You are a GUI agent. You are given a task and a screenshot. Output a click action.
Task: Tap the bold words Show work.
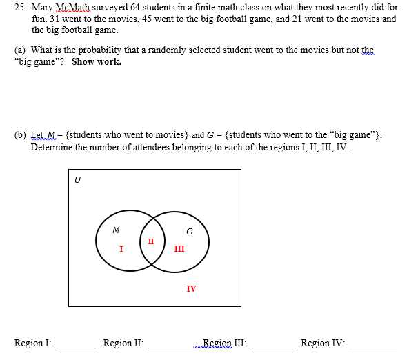[96, 61]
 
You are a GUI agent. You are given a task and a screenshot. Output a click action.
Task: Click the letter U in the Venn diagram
[77, 180]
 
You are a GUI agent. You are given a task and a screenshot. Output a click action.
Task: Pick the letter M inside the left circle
[115, 230]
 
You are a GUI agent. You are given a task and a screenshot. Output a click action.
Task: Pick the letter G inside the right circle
[188, 230]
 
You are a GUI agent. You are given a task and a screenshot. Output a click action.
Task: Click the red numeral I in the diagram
[121, 248]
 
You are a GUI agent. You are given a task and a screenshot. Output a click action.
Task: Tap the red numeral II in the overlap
[151, 241]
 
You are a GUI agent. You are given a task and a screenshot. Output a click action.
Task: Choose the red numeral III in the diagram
[179, 248]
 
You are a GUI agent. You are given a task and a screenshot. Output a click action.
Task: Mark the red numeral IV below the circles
[191, 288]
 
